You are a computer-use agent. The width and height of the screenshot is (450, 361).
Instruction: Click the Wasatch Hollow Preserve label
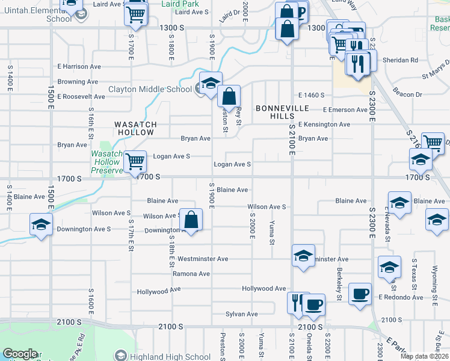click(106, 162)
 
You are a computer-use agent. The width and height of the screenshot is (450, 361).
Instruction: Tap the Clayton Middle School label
click(150, 90)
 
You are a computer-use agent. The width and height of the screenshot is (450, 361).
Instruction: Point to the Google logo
click(20, 354)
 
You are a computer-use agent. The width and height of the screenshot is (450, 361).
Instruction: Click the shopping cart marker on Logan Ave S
click(135, 161)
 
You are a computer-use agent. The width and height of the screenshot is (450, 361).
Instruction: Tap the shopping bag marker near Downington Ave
click(191, 220)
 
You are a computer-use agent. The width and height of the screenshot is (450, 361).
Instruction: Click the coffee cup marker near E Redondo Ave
click(360, 294)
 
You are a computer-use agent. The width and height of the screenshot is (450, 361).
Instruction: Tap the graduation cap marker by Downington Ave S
click(41, 225)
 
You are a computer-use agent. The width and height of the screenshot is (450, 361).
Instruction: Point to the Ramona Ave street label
click(191, 274)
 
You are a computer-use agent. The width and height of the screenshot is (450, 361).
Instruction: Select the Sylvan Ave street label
click(241, 314)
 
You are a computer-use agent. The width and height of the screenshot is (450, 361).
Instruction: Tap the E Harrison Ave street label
click(79, 67)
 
